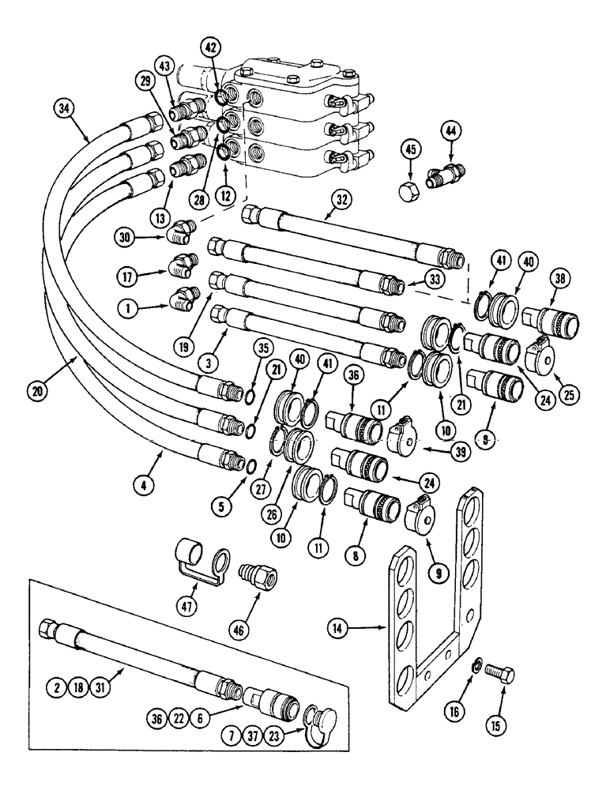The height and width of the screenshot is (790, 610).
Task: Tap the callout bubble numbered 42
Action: point(210,47)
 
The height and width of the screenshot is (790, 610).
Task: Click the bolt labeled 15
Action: point(503,677)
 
